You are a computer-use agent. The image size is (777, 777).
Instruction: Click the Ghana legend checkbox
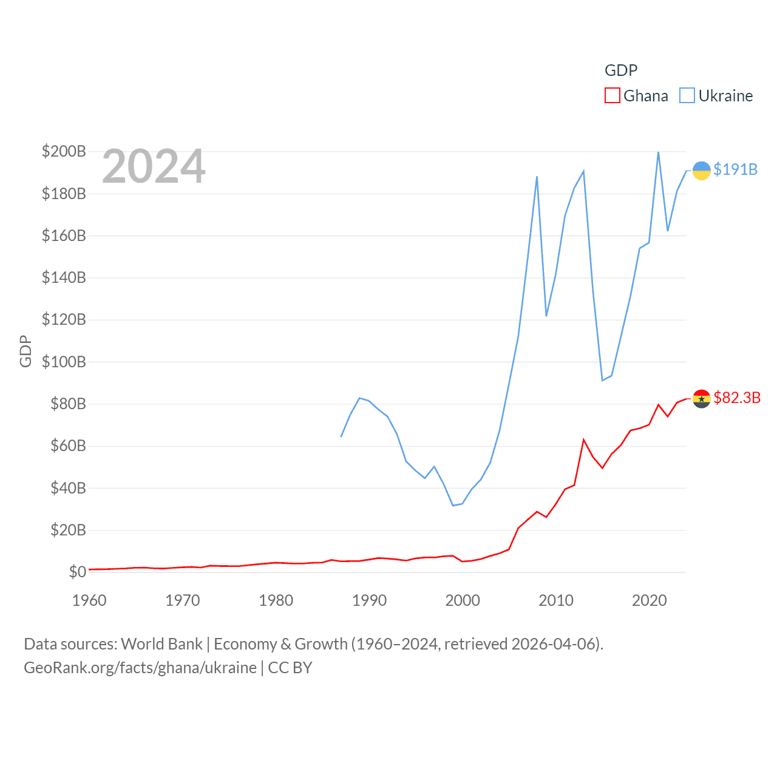612,96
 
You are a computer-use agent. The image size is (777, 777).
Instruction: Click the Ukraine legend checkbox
687,96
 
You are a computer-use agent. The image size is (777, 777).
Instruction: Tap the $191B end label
735,169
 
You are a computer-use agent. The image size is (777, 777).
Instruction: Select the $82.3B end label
737,398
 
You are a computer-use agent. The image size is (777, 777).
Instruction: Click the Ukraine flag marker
701,171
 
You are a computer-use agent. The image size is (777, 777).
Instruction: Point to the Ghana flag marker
701,399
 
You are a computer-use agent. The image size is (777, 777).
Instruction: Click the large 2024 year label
154,166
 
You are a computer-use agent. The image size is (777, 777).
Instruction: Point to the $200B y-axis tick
64,151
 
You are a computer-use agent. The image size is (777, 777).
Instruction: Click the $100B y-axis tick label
64,362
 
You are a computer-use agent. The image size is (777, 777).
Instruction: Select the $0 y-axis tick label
77,572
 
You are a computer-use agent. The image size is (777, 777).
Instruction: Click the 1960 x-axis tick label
89,600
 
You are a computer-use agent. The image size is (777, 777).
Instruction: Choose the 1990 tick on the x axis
369,600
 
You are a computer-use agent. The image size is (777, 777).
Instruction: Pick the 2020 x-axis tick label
649,600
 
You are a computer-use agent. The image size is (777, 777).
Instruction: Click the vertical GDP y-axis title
25,351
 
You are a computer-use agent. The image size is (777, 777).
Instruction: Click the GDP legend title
620,70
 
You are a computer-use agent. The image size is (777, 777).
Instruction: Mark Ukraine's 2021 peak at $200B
658,152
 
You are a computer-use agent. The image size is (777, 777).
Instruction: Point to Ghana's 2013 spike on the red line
583,439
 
